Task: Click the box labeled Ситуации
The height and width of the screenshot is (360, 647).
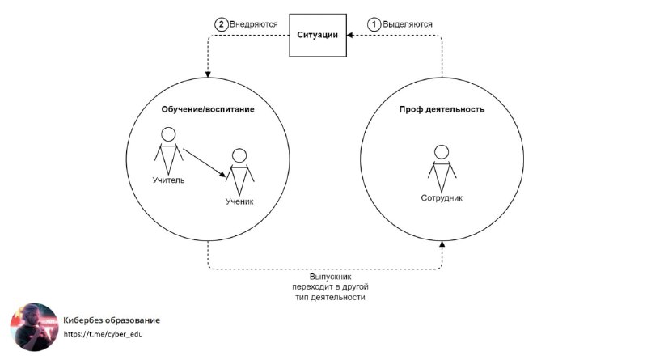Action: coord(318,35)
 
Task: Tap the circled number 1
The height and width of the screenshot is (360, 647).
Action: coord(374,24)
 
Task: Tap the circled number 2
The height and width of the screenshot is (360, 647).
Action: coord(221,24)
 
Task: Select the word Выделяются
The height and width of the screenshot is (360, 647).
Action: coord(408,24)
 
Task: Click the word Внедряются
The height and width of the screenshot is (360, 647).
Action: coord(254,24)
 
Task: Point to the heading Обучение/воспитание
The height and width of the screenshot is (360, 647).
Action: coord(208,109)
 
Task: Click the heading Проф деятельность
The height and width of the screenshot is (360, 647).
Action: coord(442,109)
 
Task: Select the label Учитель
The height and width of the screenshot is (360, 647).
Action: coord(168,180)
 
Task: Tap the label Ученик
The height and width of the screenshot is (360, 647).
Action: coord(239,201)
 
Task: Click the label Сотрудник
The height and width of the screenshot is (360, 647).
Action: coord(442,197)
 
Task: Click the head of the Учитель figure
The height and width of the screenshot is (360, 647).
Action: coord(168,134)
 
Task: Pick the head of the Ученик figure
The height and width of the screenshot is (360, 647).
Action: coord(239,155)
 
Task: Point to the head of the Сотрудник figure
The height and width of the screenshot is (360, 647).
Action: coord(442,152)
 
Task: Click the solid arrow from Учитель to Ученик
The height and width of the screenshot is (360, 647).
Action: coord(205,163)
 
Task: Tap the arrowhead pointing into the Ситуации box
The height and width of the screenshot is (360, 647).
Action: coord(349,35)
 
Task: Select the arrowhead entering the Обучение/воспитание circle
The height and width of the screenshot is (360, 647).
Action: coord(208,74)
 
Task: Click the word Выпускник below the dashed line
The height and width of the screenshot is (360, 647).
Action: coord(330,277)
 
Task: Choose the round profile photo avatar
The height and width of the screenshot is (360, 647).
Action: coord(34,328)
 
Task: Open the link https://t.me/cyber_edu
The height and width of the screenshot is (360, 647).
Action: coord(104,334)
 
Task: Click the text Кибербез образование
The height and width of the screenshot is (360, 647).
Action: coord(112,320)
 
